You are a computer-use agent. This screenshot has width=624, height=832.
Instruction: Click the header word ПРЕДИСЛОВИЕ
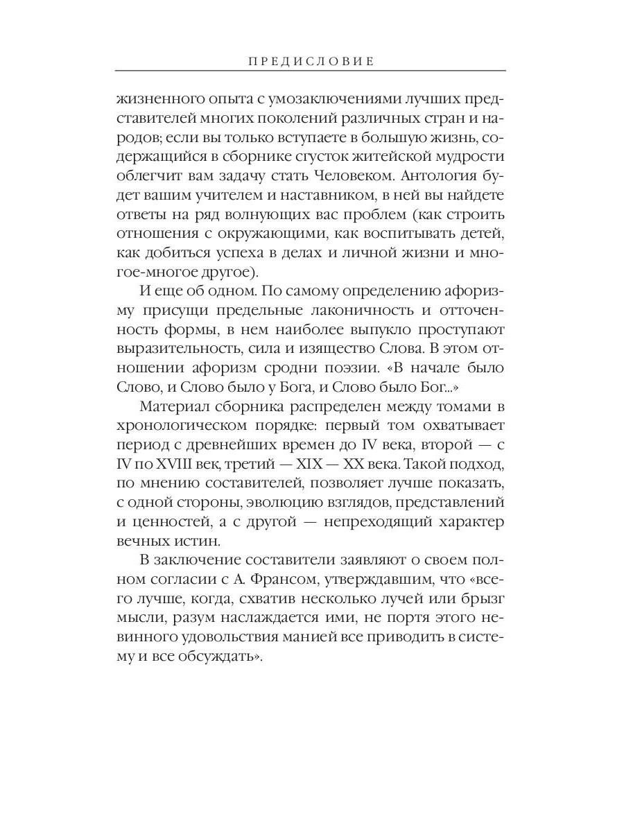310,61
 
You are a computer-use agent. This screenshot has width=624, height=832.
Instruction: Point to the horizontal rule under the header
310,71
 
